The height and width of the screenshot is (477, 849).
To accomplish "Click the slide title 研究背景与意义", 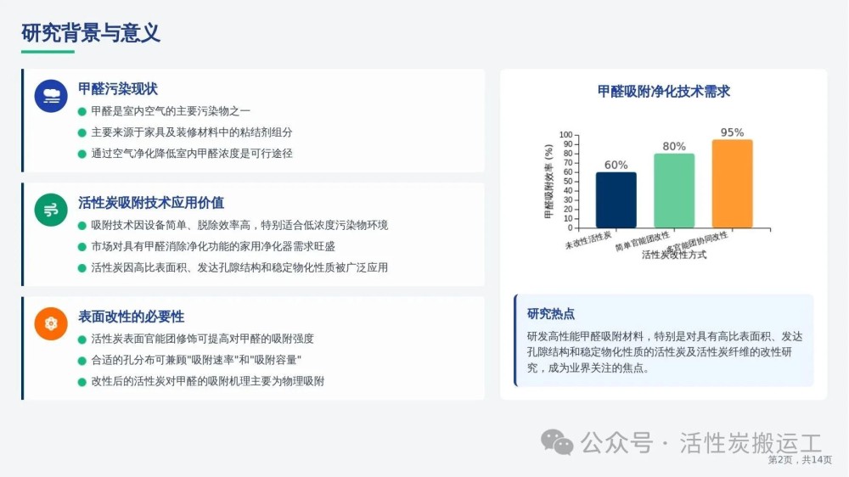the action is point(91,33).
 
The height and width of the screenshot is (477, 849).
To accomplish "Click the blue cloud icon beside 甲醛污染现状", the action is point(51,96).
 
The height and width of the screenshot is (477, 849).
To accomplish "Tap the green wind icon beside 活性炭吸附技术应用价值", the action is point(51,210).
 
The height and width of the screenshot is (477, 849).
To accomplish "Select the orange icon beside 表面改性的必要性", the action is point(51,323).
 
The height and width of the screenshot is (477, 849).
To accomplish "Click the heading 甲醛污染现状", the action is point(117,89).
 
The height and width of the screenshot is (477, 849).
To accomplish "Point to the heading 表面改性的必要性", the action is point(131,317).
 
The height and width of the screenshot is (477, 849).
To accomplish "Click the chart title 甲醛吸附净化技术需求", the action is point(663,91).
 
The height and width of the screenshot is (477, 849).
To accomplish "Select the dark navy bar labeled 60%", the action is point(616,199).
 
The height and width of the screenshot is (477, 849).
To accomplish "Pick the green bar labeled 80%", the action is point(674,191).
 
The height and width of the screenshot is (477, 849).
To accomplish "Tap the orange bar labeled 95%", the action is point(732,183).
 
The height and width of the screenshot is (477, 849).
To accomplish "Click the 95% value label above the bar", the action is point(732,132).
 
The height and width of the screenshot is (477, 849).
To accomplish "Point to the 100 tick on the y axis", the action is point(565,135).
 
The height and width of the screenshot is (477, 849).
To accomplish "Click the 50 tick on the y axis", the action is point(568,182).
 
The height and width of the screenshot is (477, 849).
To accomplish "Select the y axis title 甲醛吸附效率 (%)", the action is point(548,182).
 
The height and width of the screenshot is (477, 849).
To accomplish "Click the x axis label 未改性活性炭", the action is point(588,240).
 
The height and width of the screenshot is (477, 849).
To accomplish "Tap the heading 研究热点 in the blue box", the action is point(551,313).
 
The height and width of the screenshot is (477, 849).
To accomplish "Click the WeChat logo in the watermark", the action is point(557,442).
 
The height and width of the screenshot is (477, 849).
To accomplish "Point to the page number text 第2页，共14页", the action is point(800,460).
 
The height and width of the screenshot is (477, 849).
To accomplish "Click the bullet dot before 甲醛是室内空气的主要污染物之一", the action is point(82,111).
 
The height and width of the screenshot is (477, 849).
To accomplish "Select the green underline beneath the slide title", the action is point(48,52).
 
